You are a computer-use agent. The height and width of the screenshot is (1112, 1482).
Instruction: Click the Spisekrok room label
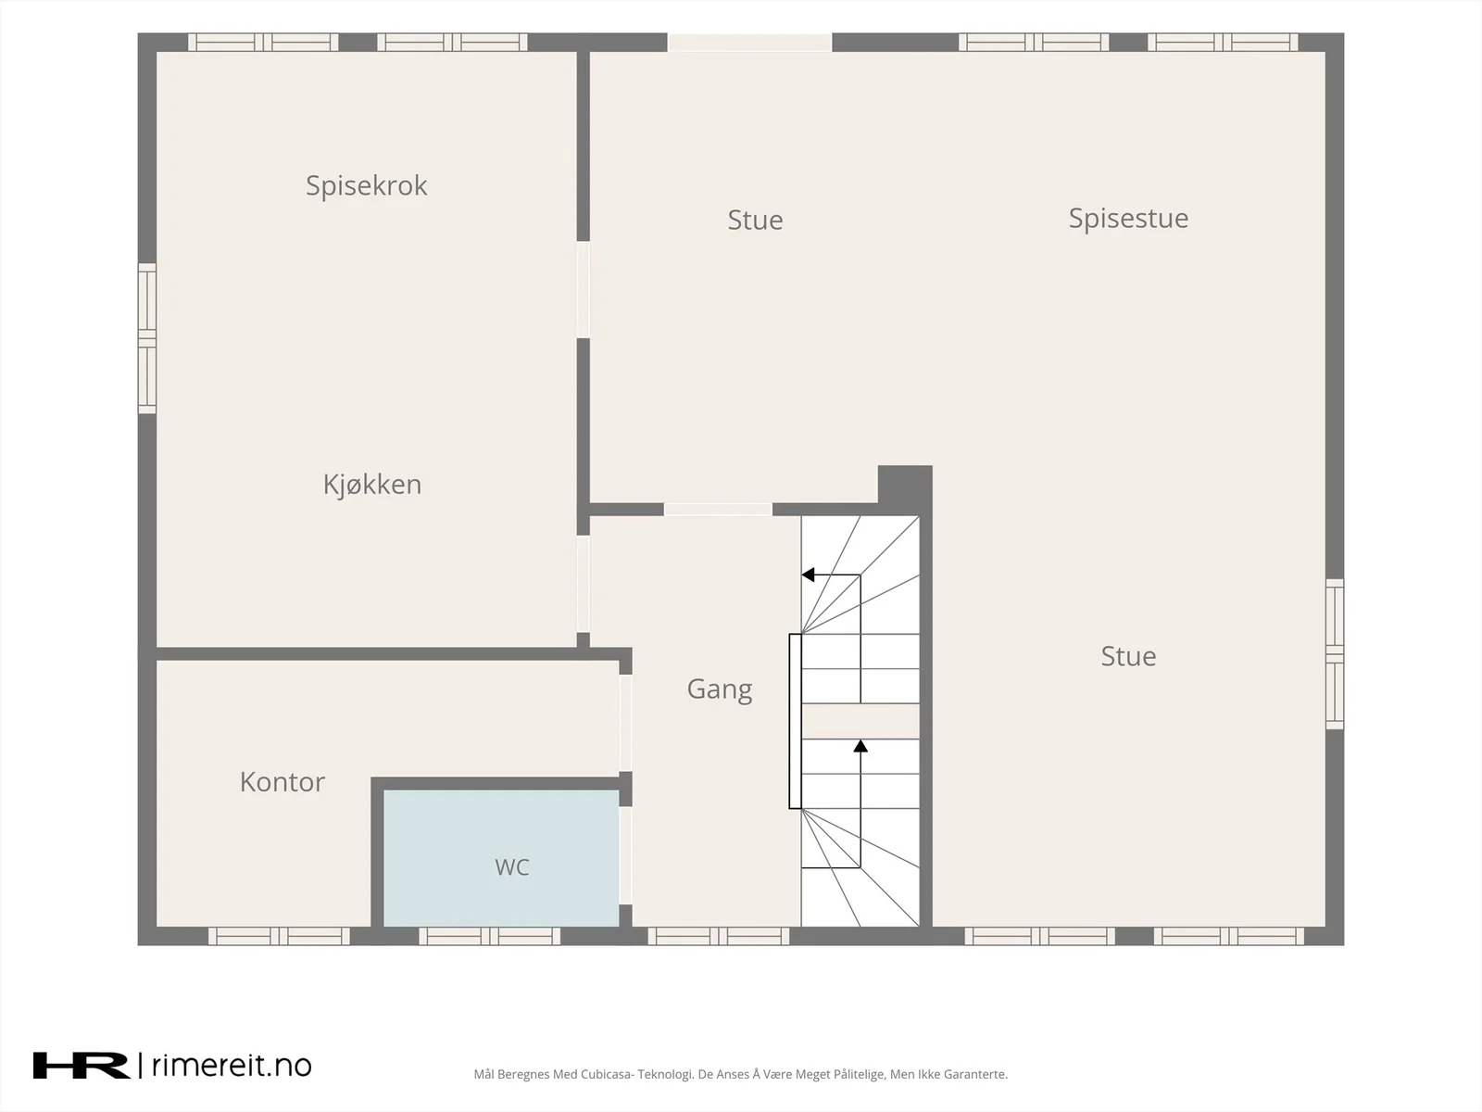point(367,185)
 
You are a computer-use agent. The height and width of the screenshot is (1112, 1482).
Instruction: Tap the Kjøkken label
point(372,484)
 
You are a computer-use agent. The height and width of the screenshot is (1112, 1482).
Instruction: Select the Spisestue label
point(1128,218)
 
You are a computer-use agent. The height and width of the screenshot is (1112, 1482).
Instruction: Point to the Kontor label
point(283,782)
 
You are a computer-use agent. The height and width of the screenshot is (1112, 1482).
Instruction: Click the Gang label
point(720,689)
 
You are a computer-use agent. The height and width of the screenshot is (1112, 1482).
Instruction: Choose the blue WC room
point(502,857)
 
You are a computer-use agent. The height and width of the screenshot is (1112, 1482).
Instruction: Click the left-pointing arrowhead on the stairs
point(808,575)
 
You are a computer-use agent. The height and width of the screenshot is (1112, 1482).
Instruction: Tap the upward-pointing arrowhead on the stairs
point(860,746)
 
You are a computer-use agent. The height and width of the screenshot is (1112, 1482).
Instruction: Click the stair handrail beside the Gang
point(796,721)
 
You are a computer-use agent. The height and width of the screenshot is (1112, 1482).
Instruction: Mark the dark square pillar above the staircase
point(905,485)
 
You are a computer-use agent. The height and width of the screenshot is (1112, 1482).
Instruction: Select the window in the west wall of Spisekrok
point(147,338)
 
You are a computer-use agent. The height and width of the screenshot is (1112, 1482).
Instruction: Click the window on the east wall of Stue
point(1334,653)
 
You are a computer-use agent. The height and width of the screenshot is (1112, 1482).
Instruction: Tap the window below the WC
point(489,936)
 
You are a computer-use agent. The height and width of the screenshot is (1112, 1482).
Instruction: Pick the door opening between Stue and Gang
point(718,510)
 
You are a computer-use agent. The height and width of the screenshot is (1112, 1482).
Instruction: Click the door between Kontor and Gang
point(626,723)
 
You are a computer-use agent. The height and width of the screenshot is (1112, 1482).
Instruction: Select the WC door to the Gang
point(626,855)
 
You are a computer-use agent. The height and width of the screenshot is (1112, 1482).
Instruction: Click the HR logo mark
point(81,1066)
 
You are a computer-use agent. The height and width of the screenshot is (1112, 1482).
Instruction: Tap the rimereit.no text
point(232,1066)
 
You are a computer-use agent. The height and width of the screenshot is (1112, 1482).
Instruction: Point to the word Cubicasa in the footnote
point(608,1074)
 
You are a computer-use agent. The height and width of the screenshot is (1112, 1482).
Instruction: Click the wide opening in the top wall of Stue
point(749,42)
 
